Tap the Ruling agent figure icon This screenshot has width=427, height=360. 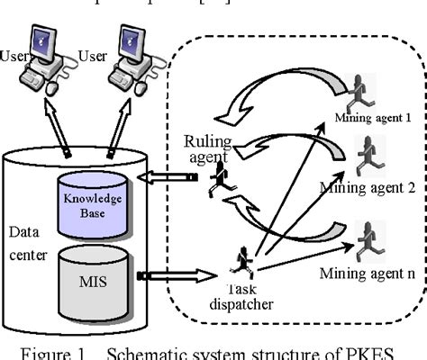[218, 180]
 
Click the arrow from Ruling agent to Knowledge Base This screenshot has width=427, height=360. [168, 179]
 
